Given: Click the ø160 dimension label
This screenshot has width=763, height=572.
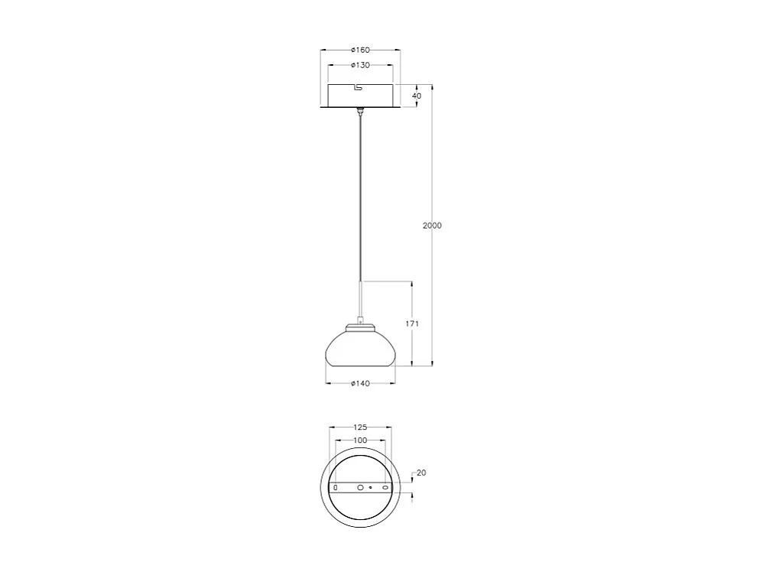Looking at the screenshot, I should [x=360, y=50].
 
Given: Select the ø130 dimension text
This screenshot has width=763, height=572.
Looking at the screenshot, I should [x=360, y=66].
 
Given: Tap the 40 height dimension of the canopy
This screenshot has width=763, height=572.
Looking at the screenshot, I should [x=417, y=96].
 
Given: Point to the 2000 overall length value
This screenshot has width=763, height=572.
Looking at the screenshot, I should [x=432, y=226].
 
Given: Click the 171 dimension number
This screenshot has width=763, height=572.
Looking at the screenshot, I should [x=412, y=324].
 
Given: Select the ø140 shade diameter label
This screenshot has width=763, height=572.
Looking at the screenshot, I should [x=360, y=384].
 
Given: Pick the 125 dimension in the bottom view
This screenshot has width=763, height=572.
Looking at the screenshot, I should [x=360, y=427].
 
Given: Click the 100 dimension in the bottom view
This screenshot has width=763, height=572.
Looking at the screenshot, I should [x=360, y=440].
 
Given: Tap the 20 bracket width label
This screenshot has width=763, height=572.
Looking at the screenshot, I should [x=421, y=473].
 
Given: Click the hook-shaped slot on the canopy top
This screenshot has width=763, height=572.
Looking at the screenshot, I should [x=359, y=87].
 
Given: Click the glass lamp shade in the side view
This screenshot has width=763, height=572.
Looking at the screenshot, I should [x=361, y=349].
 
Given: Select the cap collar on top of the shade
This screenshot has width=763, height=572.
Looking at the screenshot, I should [x=361, y=328].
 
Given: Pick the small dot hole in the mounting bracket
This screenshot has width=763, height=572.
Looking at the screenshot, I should [x=371, y=487].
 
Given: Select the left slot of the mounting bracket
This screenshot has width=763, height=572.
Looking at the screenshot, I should [x=335, y=487].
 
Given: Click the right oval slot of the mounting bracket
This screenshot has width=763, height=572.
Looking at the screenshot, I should [x=385, y=487].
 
